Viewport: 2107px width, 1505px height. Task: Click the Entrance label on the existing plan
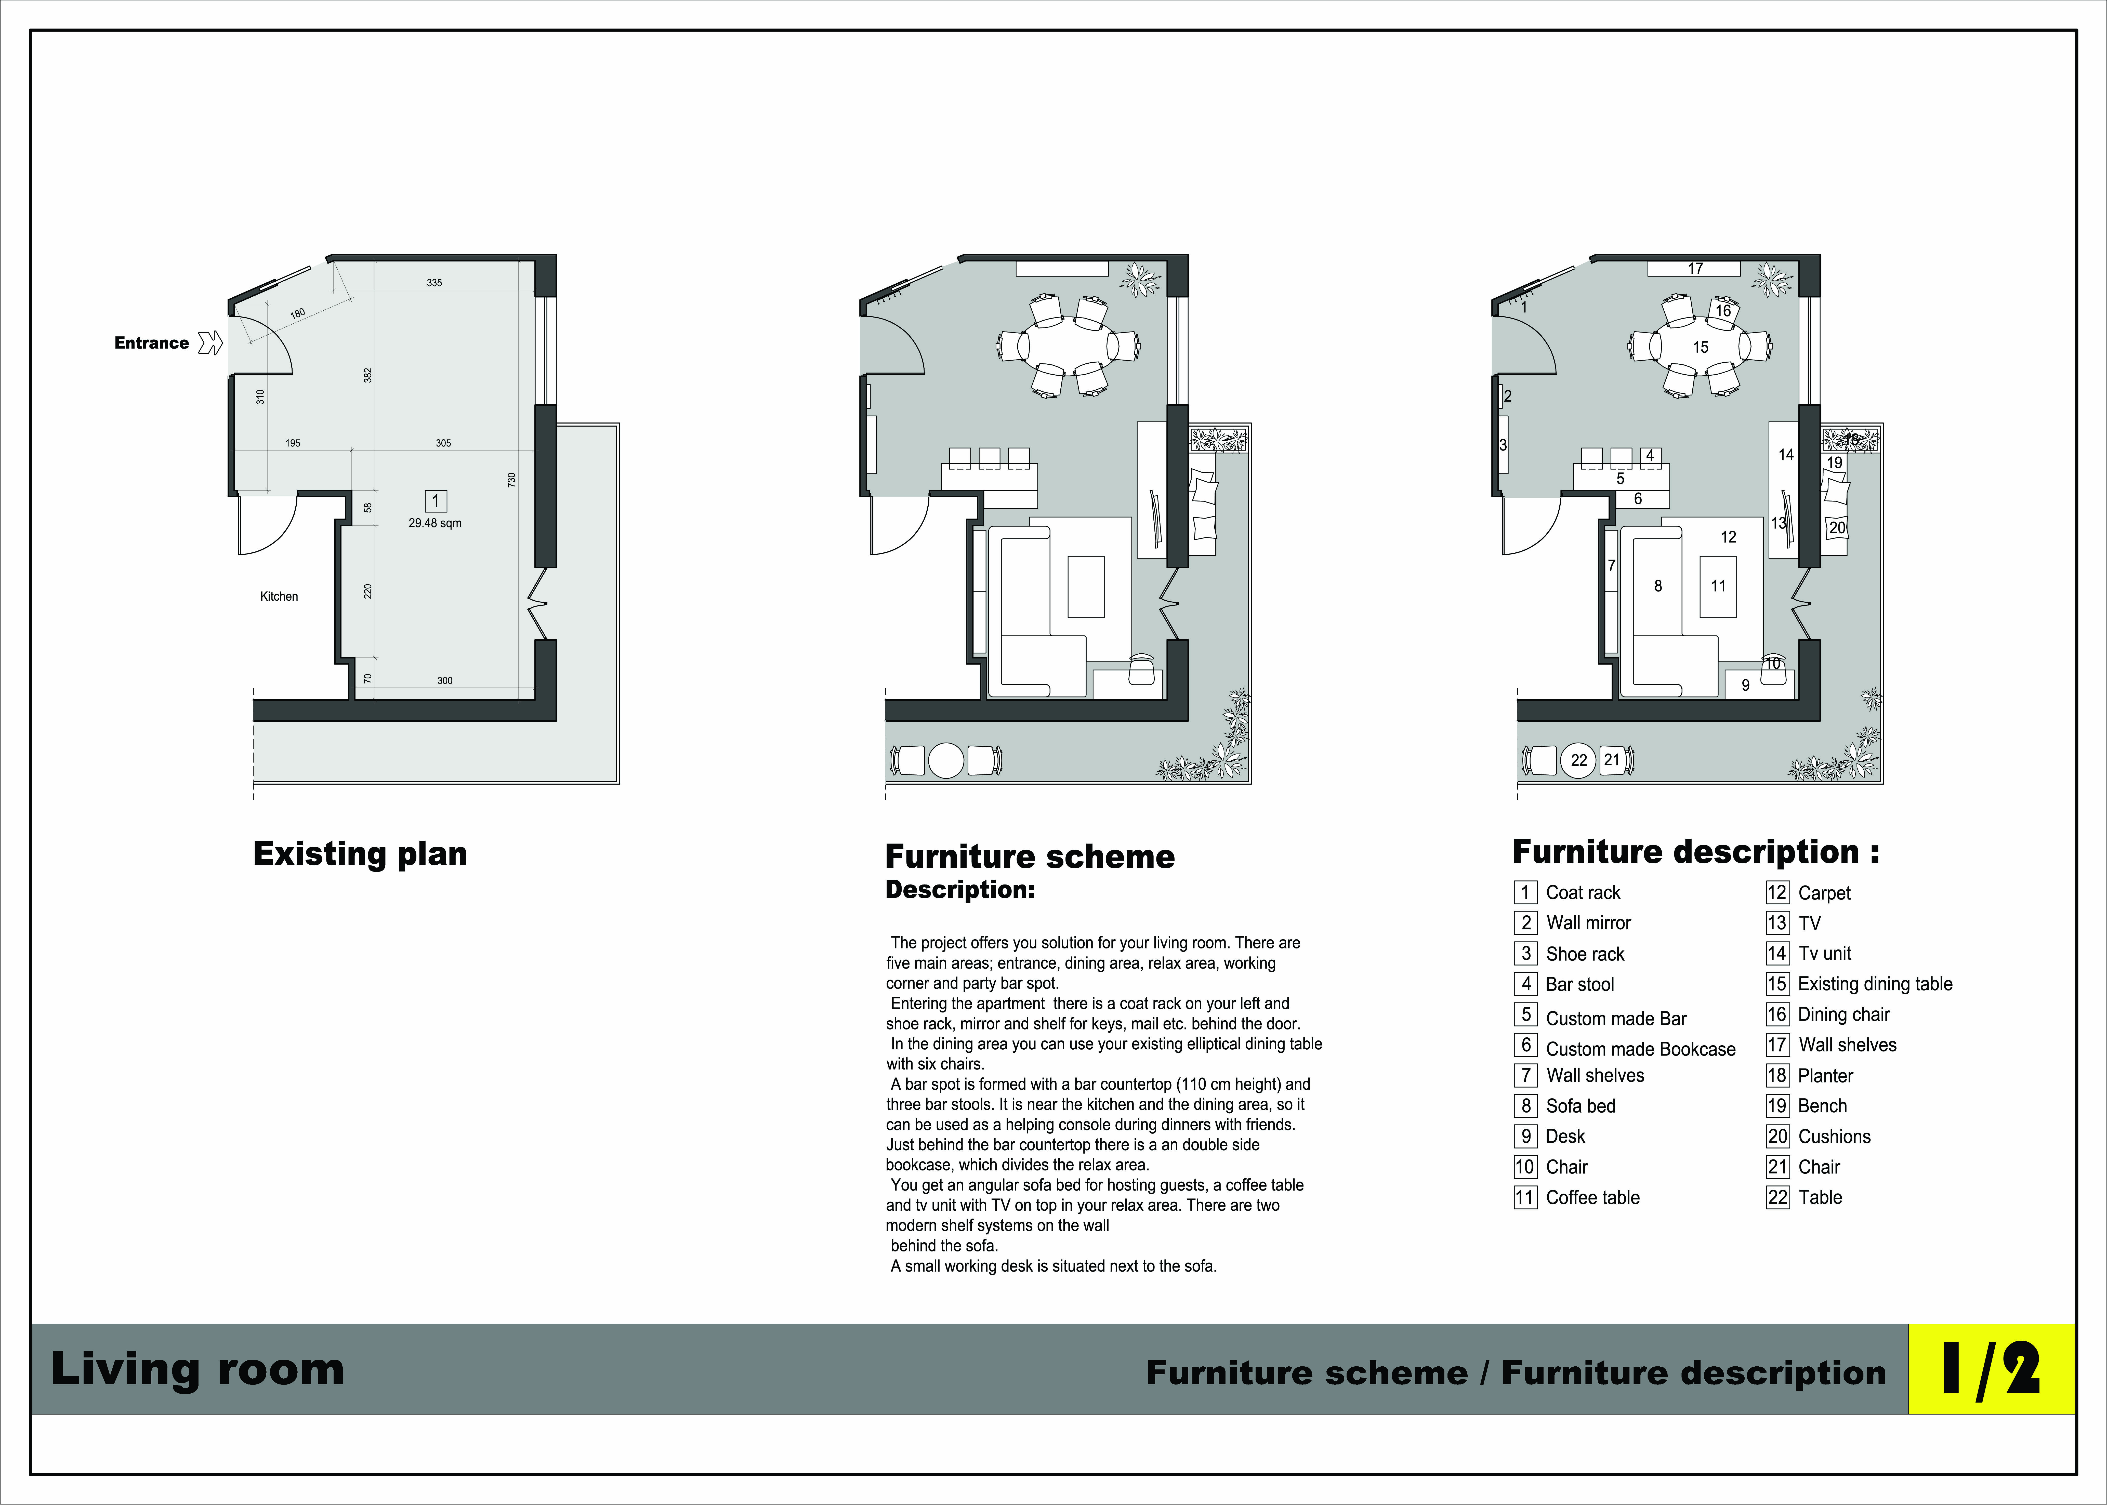click(x=151, y=343)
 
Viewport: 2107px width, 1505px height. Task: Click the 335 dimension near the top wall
click(x=434, y=283)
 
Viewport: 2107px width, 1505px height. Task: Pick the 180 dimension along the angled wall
click(x=297, y=313)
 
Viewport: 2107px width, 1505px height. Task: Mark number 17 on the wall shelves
click(x=1695, y=269)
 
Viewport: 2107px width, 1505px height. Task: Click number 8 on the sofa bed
click(x=1658, y=586)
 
